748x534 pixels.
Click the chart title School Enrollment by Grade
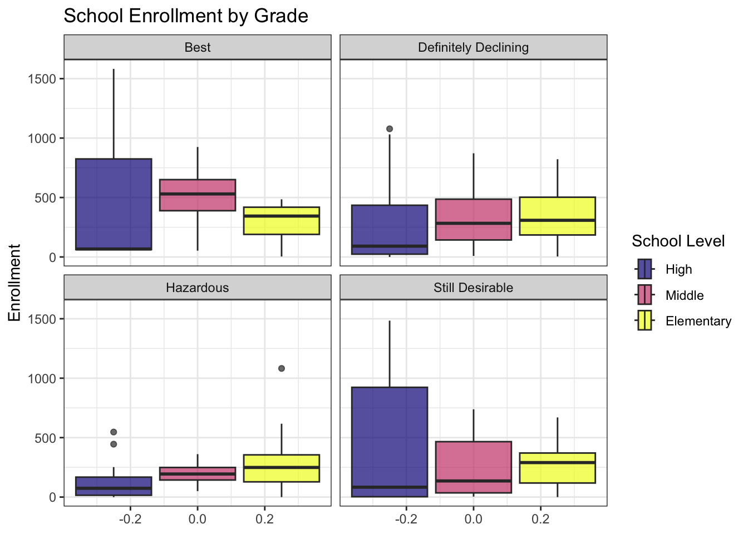185,16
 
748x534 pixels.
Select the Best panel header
198,47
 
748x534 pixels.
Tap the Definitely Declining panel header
473,47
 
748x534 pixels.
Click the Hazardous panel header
198,288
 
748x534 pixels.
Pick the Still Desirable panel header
473,288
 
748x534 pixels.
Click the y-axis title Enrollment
15,283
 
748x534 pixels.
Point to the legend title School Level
678,241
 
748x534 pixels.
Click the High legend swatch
645,269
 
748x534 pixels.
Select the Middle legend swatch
645,295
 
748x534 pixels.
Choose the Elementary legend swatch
645,321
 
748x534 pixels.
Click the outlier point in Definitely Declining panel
390,129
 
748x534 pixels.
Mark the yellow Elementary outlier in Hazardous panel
282,368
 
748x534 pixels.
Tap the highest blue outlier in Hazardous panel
114,432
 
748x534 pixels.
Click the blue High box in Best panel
114,204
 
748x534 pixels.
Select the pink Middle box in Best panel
198,195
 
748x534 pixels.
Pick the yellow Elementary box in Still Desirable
557,468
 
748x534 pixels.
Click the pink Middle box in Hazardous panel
198,473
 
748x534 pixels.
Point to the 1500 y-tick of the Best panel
42,79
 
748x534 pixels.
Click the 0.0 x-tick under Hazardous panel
198,519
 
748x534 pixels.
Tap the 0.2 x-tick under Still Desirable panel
540,519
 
